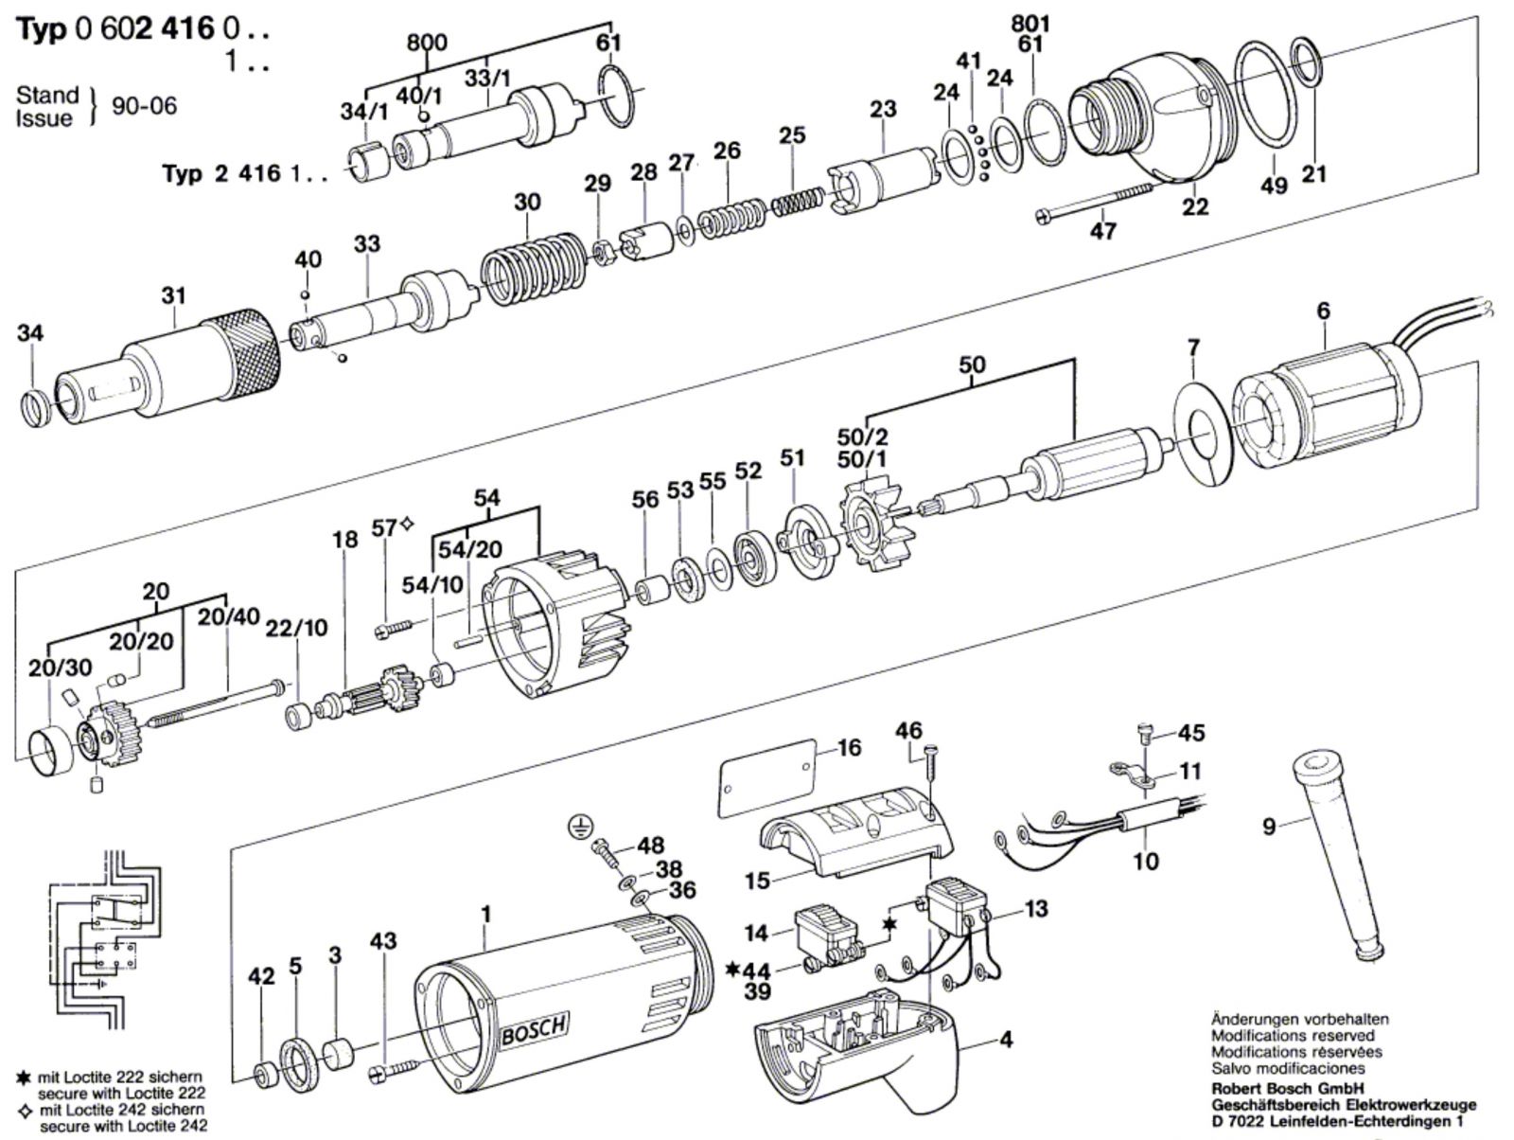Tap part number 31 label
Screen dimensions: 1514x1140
(x=174, y=296)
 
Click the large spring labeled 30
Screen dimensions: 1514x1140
(x=533, y=268)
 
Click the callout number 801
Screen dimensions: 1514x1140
(x=1030, y=25)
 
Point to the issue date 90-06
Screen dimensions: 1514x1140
(x=144, y=106)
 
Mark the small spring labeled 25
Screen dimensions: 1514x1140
(x=796, y=200)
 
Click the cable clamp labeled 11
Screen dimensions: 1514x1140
(x=1133, y=775)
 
